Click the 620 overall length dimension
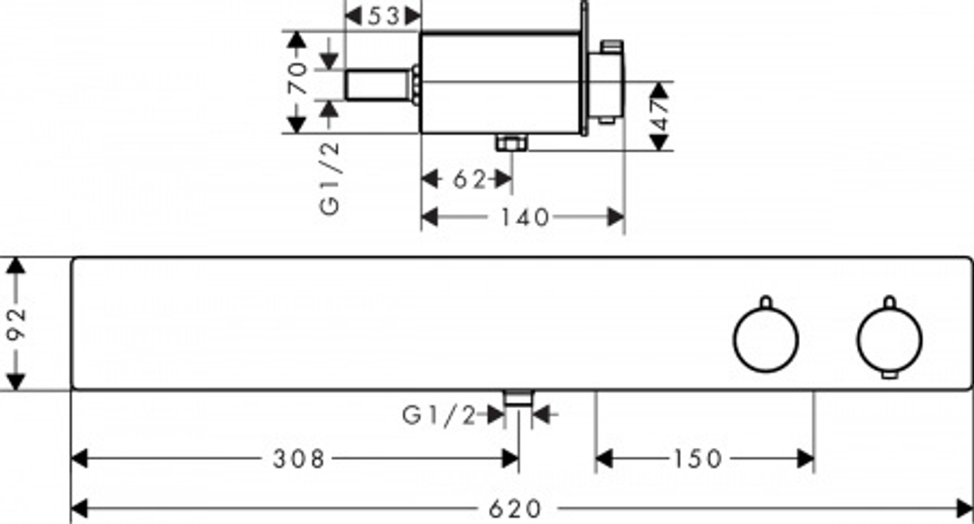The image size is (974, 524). (515, 509)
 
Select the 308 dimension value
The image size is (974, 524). (299, 460)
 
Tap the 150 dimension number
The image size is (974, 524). (697, 460)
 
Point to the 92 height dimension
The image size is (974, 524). (16, 322)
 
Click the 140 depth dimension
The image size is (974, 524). (526, 217)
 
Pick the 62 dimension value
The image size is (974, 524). (469, 179)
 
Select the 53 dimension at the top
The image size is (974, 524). (383, 17)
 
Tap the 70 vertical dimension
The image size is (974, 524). (297, 77)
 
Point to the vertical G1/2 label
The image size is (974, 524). (330, 178)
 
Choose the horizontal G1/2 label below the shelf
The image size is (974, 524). (439, 415)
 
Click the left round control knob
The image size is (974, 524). (766, 340)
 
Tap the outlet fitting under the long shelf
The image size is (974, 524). (519, 398)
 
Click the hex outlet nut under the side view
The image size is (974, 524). (511, 143)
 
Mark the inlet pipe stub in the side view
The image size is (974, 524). (379, 85)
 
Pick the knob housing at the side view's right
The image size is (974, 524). (606, 84)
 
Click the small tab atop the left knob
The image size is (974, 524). (766, 302)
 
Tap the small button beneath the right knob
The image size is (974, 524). (889, 374)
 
